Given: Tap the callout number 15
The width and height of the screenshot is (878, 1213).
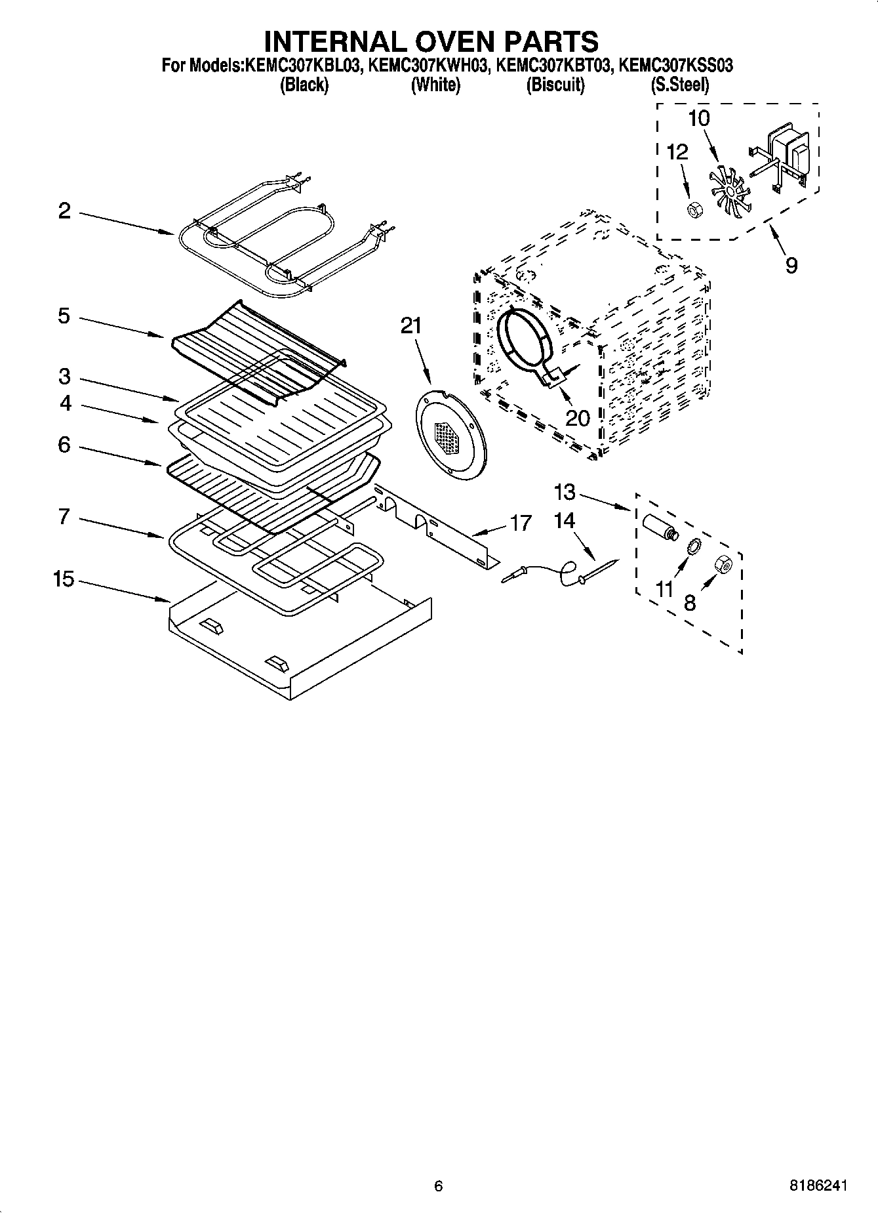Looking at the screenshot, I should click(x=64, y=579).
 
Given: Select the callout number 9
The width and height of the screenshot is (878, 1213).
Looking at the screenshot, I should click(x=791, y=266).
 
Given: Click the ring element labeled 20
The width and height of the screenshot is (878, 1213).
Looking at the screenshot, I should click(x=525, y=340).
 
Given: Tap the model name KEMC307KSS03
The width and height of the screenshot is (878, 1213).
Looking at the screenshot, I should click(x=676, y=66).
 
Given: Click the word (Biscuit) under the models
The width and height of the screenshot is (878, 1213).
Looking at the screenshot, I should click(x=555, y=85).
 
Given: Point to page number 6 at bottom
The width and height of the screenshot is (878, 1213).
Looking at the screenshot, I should click(x=438, y=1185).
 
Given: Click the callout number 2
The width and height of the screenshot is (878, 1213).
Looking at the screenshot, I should click(x=64, y=211).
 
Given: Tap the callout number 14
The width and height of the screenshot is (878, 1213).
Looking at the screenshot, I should click(x=564, y=521).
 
